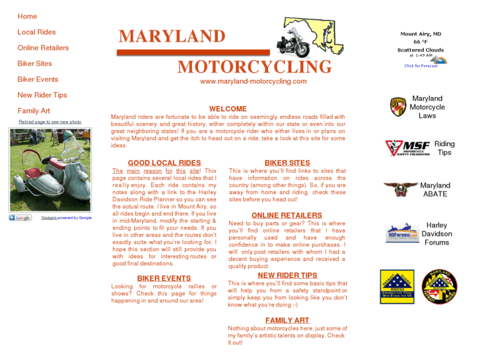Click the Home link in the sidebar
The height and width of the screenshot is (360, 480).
click(x=27, y=17)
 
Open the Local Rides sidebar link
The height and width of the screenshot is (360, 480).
click(x=36, y=32)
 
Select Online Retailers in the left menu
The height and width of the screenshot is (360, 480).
click(x=43, y=48)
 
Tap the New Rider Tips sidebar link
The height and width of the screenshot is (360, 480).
click(x=42, y=95)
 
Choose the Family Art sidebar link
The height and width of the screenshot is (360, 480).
click(x=34, y=111)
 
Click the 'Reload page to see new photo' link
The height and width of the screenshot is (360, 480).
click(x=50, y=122)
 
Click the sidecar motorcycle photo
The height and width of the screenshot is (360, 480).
click(x=50, y=170)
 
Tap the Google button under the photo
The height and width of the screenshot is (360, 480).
click(x=20, y=218)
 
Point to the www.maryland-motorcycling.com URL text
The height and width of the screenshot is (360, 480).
click(x=254, y=82)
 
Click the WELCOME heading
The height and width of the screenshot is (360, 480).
click(x=228, y=109)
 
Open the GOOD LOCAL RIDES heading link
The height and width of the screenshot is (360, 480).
click(x=164, y=163)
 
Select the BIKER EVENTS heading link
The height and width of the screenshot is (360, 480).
click(x=164, y=279)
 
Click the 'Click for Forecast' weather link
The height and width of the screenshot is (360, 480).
click(x=421, y=66)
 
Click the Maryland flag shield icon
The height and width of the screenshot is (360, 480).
click(x=397, y=107)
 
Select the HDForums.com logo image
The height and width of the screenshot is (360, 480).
click(x=402, y=233)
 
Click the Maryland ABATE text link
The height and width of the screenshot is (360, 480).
click(x=435, y=190)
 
